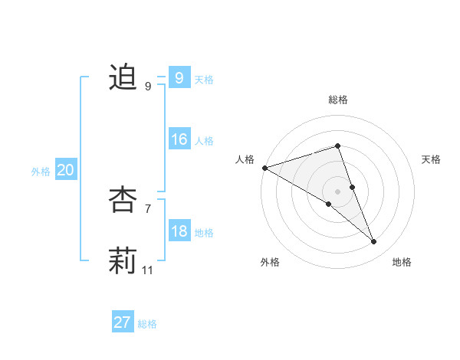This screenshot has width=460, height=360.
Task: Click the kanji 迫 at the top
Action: pyautogui.click(x=123, y=77)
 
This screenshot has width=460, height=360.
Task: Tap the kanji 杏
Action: pyautogui.click(x=123, y=200)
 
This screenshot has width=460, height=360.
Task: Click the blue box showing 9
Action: pyautogui.click(x=179, y=78)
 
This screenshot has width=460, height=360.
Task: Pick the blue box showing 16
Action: pyautogui.click(x=179, y=139)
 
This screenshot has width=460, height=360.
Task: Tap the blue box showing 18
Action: pyautogui.click(x=179, y=231)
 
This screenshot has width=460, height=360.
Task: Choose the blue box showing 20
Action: pyautogui.click(x=65, y=170)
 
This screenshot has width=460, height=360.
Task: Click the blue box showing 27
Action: pyautogui.click(x=122, y=322)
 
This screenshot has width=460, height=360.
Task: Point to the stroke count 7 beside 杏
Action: pyautogui.click(x=148, y=208)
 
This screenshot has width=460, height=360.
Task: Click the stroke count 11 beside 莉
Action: pyautogui.click(x=148, y=270)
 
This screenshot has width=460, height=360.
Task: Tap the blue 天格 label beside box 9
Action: pyautogui.click(x=204, y=80)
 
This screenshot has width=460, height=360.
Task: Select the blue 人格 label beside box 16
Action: pyautogui.click(x=204, y=141)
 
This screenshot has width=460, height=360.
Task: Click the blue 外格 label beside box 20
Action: pyautogui.click(x=41, y=172)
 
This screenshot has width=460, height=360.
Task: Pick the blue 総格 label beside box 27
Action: pyautogui.click(x=147, y=324)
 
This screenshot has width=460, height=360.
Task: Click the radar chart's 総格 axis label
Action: pyautogui.click(x=338, y=100)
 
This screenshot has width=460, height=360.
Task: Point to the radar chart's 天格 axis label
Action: pyautogui.click(x=432, y=159)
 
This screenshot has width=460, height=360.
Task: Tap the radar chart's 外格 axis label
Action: pyautogui.click(x=270, y=262)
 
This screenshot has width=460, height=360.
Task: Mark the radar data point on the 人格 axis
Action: pyautogui.click(x=264, y=167)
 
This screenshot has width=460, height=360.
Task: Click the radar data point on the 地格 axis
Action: pyautogui.click(x=374, y=242)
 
